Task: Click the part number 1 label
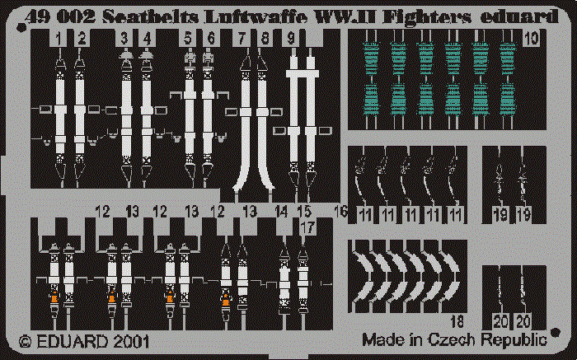59,38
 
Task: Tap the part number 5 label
188,38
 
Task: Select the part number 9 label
291,38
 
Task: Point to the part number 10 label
531,38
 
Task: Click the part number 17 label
307,227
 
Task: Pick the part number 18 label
457,322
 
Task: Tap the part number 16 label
340,212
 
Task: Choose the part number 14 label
281,212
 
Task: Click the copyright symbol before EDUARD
26,342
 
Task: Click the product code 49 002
61,16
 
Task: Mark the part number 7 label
242,38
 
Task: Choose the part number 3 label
124,38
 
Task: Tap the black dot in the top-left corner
21,27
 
